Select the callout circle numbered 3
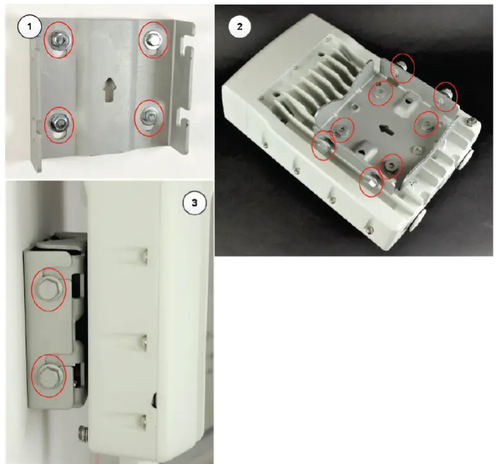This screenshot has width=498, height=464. pos(193,204)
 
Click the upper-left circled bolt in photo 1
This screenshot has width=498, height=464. pos(58,40)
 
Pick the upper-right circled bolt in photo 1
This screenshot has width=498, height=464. pos(154,40)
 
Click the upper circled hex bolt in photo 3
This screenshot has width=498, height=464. pos(48,290)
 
